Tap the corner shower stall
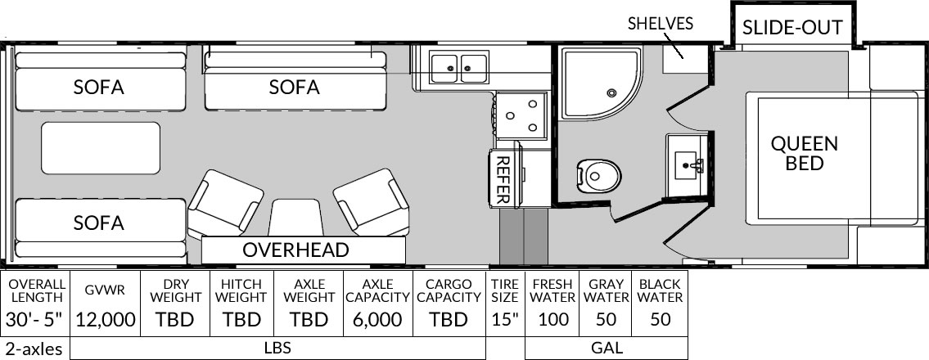click(601, 83)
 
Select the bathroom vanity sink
click(688, 160)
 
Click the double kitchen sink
click(459, 68)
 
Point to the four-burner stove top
click(521, 115)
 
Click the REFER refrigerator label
click(503, 179)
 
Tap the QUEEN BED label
click(804, 153)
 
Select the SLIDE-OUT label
click(792, 27)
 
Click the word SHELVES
click(660, 24)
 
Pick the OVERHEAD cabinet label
click(295, 250)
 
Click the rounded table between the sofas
click(101, 148)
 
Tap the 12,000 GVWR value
click(106, 320)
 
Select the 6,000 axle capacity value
click(378, 320)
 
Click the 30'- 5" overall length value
click(34, 320)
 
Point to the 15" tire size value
click(505, 320)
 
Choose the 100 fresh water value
click(553, 320)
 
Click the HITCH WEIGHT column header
click(241, 290)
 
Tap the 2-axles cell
click(34, 349)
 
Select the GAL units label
click(607, 348)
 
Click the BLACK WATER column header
click(661, 290)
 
